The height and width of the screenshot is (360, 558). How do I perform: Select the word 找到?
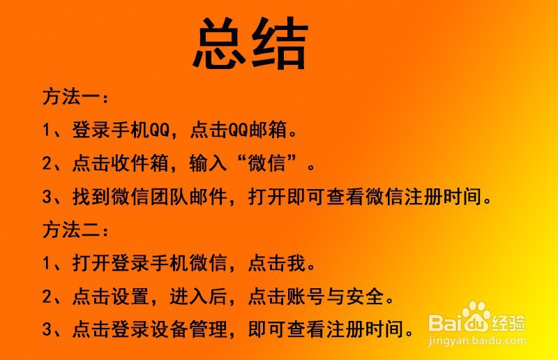pyautogui.click(x=86, y=197)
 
